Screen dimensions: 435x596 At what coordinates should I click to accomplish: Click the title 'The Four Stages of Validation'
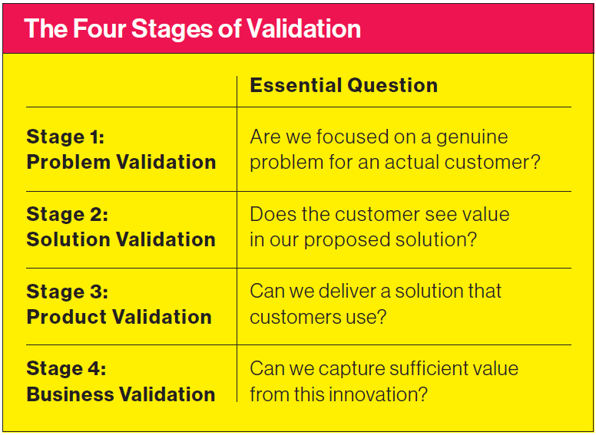tap(192, 29)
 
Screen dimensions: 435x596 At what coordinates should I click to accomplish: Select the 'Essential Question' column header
tap(343, 85)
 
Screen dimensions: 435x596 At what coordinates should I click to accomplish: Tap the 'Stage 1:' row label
tap(65, 137)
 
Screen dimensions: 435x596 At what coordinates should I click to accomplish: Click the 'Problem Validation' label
tap(121, 162)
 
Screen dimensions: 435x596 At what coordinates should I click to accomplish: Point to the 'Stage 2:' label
tap(67, 214)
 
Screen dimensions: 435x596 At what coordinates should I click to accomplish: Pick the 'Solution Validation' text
tap(121, 239)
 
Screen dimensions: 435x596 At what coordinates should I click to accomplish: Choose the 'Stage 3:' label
tap(67, 292)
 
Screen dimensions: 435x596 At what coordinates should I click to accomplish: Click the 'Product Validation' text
tap(119, 317)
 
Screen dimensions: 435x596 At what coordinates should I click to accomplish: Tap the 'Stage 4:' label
tap(67, 369)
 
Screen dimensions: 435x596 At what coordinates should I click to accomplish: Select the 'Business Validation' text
tap(121, 394)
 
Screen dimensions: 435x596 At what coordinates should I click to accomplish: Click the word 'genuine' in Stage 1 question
tap(472, 138)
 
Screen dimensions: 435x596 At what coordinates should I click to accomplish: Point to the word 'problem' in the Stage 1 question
tap(281, 163)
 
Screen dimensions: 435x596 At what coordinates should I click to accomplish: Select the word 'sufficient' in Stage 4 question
tap(432, 369)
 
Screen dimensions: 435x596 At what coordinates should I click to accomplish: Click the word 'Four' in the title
tap(101, 29)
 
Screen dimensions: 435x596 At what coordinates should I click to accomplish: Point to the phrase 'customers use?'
tap(317, 317)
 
